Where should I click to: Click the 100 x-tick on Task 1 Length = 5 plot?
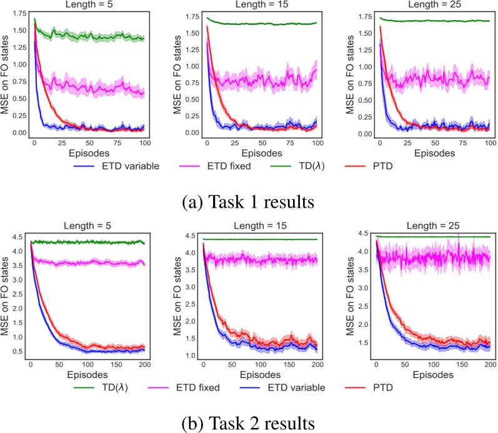tap(144, 143)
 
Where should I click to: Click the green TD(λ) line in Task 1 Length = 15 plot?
tap(262, 24)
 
